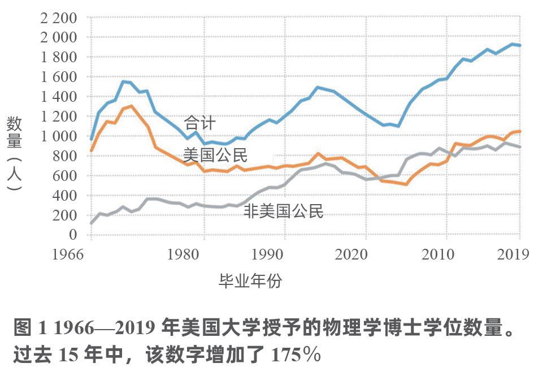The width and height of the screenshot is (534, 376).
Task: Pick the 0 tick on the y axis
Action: pos(72,235)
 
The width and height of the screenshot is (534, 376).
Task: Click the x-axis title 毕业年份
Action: pos(250,281)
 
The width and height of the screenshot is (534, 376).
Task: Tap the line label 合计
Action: pos(200,122)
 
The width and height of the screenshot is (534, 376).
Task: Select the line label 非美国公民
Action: pos(284,211)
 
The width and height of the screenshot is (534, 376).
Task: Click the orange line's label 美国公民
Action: pos(215,155)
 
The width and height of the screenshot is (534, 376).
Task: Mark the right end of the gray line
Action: pos(519,147)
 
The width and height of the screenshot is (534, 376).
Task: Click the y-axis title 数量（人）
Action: pos(15,153)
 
